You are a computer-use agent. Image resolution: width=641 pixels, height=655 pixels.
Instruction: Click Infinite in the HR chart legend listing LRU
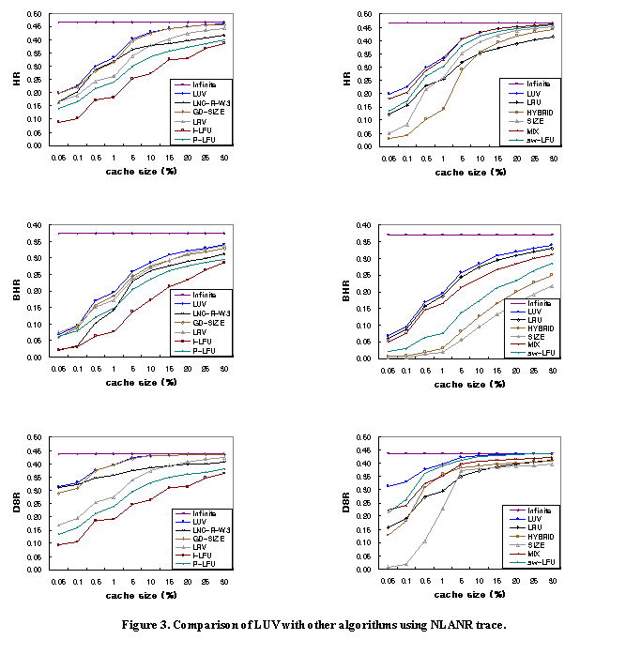coord(538,84)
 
